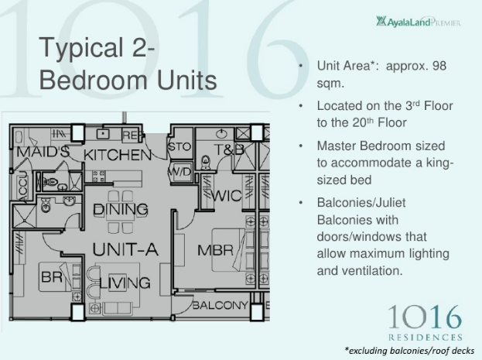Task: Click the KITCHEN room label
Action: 118,155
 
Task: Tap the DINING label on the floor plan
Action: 121,210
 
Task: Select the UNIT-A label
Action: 125,249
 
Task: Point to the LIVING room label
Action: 125,283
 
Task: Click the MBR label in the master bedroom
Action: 216,250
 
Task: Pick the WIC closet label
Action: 227,196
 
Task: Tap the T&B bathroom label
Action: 229,150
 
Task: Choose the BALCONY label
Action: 220,305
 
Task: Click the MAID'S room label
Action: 43,152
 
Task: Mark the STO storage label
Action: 179,147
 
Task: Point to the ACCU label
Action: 22,187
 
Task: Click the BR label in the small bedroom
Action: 52,277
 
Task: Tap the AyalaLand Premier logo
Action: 419,22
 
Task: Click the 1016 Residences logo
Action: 425,323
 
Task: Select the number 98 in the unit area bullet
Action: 439,66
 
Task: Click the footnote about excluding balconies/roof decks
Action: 409,351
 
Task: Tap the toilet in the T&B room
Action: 205,162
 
